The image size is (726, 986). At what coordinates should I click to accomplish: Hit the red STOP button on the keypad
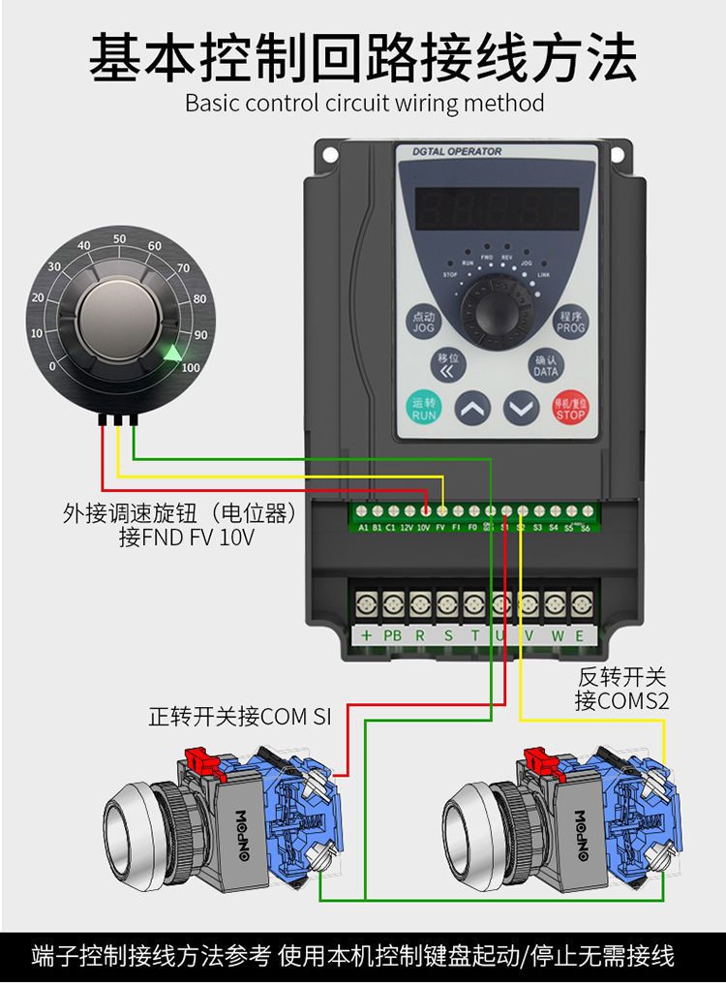pyautogui.click(x=570, y=407)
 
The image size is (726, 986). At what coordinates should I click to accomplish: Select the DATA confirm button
pyautogui.click(x=545, y=365)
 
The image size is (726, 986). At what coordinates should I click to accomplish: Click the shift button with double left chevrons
pyautogui.click(x=446, y=364)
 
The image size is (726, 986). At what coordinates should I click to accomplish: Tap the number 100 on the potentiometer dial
pyautogui.click(x=191, y=368)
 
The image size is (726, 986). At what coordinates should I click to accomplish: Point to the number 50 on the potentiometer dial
pyautogui.click(x=119, y=239)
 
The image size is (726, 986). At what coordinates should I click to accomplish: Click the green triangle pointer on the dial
pyautogui.click(x=172, y=355)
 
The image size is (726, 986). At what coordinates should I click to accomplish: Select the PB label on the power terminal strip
pyautogui.click(x=392, y=635)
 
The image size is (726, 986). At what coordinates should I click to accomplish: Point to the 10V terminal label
pyautogui.click(x=423, y=528)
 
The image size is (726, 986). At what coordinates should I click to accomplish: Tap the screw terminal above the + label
pyautogui.click(x=366, y=606)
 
